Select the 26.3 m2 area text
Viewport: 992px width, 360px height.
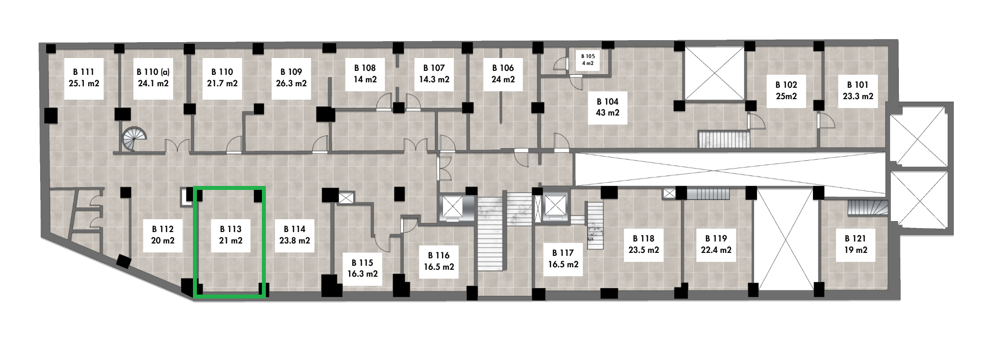[x=291, y=84]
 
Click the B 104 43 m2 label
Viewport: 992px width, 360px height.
[x=607, y=107]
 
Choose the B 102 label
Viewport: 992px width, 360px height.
[x=786, y=85]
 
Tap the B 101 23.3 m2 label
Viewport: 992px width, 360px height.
[x=858, y=91]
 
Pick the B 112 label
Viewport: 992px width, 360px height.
[x=163, y=229]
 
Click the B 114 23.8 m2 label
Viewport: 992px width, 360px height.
[x=295, y=235]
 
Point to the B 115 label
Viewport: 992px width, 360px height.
[x=362, y=263]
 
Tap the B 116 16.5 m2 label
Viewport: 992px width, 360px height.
[x=439, y=261]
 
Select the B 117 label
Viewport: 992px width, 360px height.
[x=563, y=253]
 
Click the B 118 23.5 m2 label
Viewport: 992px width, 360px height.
[x=644, y=244]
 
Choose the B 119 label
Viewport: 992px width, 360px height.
[x=716, y=239]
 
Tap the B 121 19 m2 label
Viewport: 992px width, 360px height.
[x=856, y=244]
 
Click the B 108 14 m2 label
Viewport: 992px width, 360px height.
[x=365, y=74]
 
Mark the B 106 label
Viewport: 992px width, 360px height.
[x=503, y=68]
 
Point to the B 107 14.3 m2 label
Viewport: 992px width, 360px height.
[x=434, y=74]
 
